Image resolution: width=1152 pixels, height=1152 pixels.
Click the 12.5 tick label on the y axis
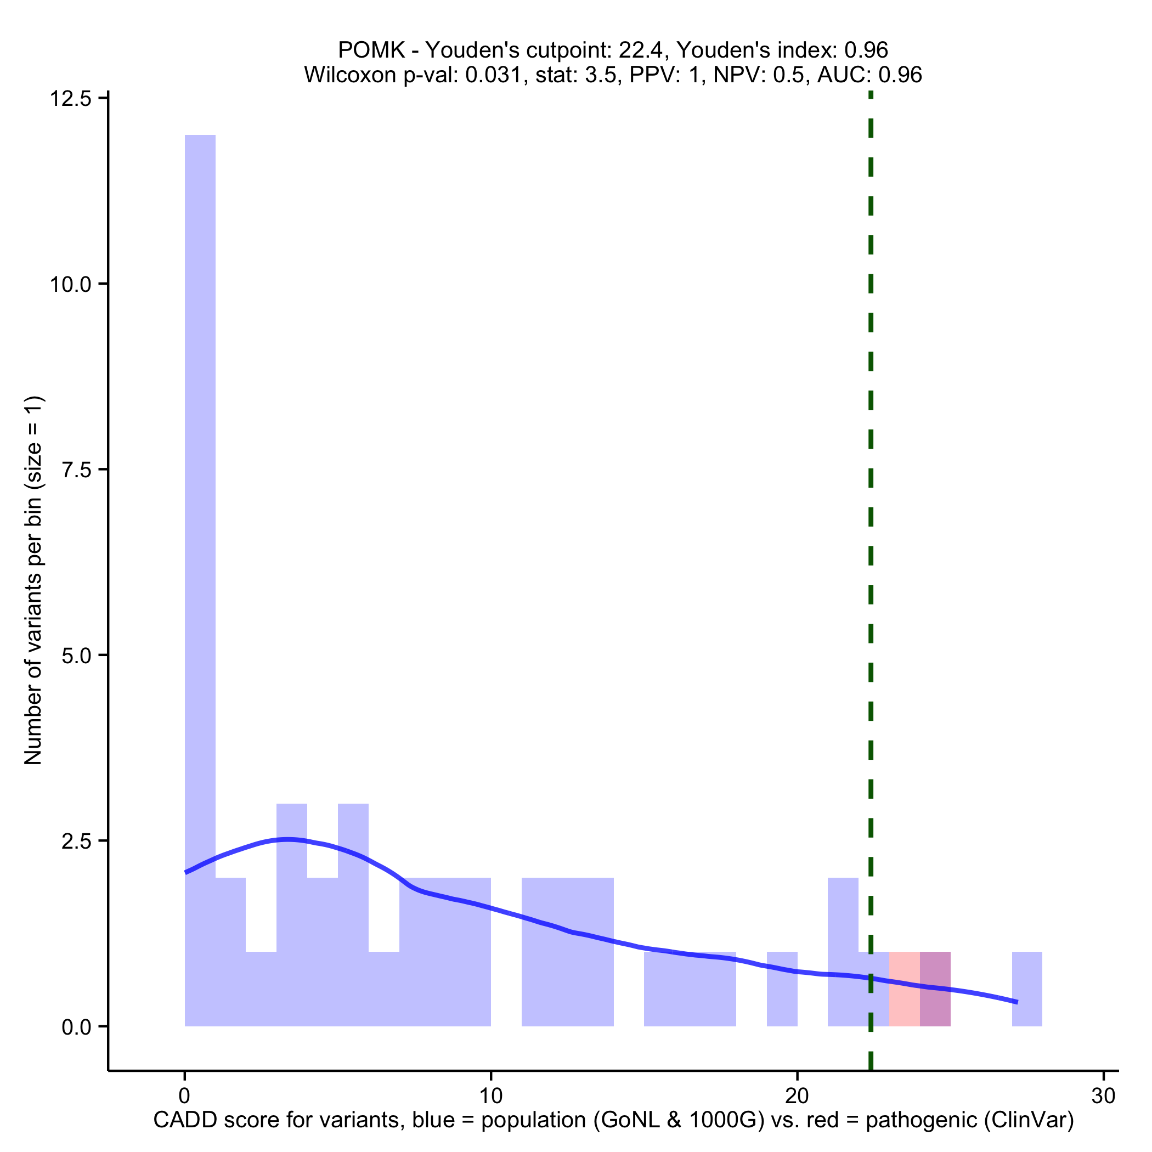[x=70, y=98]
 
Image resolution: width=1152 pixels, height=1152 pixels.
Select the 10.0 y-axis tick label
[x=70, y=284]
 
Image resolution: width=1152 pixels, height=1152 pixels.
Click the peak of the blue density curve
[x=288, y=839]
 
